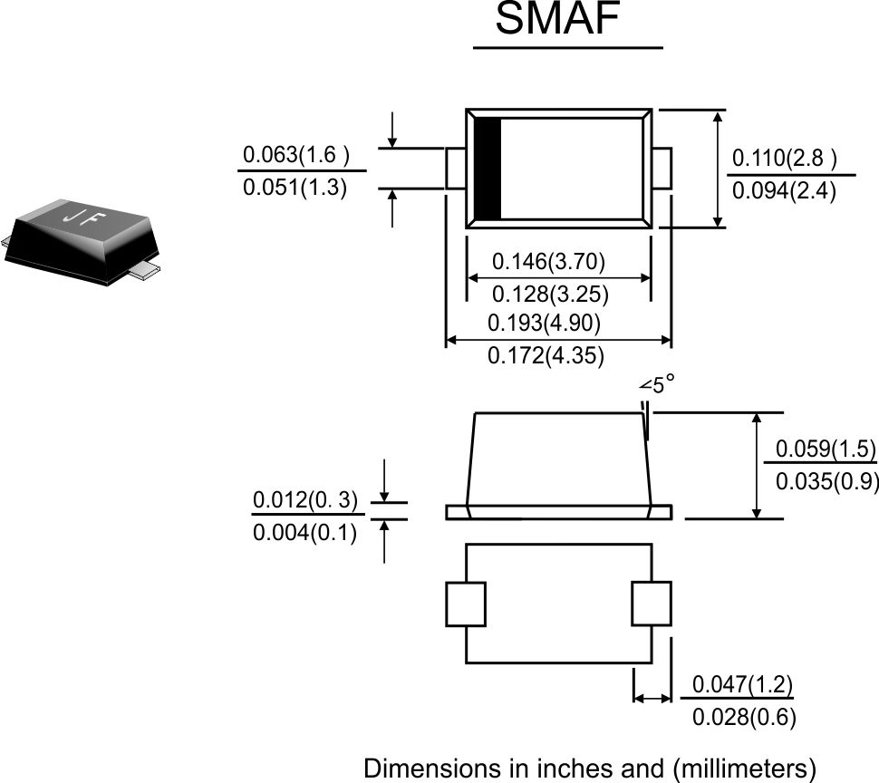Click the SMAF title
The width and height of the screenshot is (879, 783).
tap(557, 18)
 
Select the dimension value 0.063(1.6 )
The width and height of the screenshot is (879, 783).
tap(296, 154)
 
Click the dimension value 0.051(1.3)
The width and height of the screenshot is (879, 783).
tap(295, 187)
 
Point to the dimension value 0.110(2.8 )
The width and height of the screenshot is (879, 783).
tap(785, 158)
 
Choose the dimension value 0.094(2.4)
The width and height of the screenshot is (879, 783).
tap(784, 191)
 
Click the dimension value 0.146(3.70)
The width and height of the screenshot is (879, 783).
tap(549, 261)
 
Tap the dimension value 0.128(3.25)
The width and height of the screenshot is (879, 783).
tap(550, 295)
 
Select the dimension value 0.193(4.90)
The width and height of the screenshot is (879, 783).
tap(544, 323)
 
